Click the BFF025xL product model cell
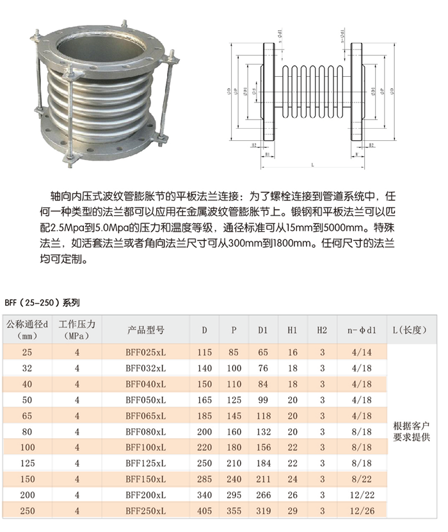145,353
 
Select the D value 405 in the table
204,511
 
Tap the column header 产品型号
145,330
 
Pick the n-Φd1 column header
362,330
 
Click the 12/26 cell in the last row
362,511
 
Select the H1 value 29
292,511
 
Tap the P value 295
234,495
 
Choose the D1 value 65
263,353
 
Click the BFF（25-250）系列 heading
42,301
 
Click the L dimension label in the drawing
312,165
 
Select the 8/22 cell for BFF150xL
362,479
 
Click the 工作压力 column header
77,330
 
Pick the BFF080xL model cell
145,431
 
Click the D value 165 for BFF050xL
204,400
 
